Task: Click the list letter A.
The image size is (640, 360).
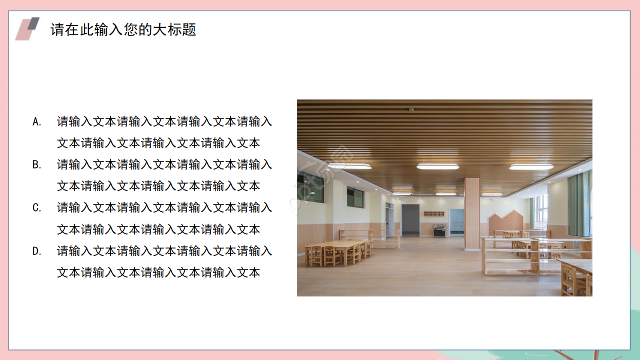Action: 36,121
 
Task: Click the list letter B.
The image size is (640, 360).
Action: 36,164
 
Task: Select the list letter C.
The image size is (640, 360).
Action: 36,207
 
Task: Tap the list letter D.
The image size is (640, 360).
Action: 36,251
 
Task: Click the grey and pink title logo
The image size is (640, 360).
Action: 27,29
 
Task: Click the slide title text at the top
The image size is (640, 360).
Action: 123,29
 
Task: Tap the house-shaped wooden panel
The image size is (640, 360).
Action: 505,222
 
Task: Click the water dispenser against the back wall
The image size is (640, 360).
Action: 439,230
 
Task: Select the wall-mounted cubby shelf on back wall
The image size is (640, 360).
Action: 434,214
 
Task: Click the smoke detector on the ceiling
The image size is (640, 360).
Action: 411,110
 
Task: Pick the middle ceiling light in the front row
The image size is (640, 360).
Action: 437,166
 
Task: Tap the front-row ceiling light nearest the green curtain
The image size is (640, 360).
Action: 531,166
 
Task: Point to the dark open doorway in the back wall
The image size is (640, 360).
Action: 410,219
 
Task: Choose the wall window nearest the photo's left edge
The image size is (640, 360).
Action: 310,186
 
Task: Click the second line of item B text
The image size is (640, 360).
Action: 158,186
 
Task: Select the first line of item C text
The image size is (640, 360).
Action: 164,207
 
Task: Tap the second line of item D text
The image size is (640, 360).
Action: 158,272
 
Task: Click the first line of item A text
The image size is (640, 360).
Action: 164,121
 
